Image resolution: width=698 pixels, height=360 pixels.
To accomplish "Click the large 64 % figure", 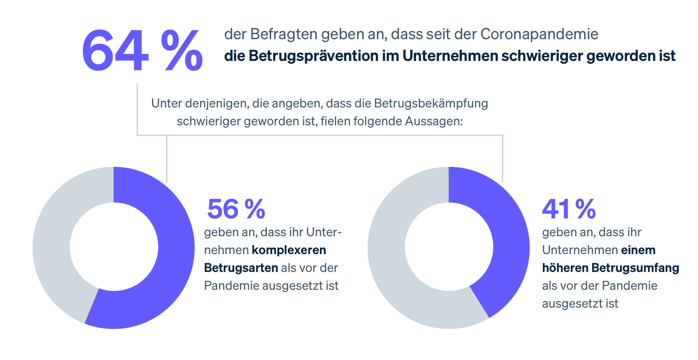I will tap(142, 51).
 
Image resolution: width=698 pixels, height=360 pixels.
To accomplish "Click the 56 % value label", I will tap(236, 209).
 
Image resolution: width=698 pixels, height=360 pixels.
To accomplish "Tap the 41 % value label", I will tap(568, 209).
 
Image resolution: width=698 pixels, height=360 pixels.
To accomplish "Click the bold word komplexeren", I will tap(289, 250).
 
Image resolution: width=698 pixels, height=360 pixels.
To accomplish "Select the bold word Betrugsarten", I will tap(241, 268).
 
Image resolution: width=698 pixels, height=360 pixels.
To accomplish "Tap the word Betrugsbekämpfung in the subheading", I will tap(430, 103).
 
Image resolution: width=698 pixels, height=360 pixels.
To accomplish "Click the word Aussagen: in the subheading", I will tap(434, 121).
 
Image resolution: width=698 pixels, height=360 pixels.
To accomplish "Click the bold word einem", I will tap(638, 250).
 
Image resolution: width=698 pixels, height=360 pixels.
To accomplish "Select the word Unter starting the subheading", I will tap(166, 103).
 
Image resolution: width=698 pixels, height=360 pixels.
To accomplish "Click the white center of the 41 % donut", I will tap(449, 247).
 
